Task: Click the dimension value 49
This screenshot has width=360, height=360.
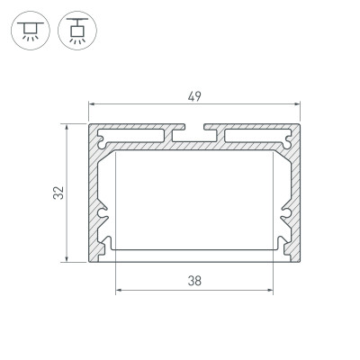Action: (193, 96)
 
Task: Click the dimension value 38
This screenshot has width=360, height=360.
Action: (193, 280)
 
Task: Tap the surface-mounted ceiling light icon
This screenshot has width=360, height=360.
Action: (26, 30)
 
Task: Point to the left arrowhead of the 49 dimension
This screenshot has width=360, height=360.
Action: (91, 104)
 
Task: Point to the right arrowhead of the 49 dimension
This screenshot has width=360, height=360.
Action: (297, 104)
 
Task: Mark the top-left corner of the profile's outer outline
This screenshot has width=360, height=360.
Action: (89, 124)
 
